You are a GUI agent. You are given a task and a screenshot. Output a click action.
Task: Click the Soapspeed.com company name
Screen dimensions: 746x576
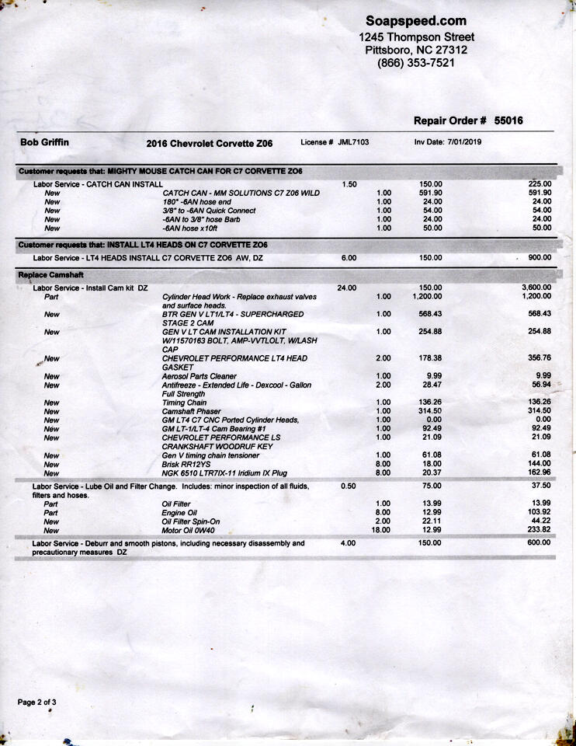click(x=416, y=21)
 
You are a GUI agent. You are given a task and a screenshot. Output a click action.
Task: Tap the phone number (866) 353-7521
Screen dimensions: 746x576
click(x=416, y=63)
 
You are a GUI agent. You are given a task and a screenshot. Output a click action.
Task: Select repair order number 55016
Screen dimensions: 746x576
click(x=508, y=120)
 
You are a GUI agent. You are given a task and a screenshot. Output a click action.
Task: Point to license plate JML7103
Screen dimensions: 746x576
click(x=353, y=142)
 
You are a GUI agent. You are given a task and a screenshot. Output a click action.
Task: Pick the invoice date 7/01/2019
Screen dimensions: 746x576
click(x=465, y=142)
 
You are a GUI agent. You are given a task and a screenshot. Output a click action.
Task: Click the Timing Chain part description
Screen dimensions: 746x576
click(x=184, y=403)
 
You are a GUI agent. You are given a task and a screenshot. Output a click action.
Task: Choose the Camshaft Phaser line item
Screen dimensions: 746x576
click(x=191, y=411)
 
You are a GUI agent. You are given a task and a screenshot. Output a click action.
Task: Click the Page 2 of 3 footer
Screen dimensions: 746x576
click(x=37, y=702)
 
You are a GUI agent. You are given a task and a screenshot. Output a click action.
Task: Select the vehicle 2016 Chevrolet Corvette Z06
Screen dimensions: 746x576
click(x=210, y=143)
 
